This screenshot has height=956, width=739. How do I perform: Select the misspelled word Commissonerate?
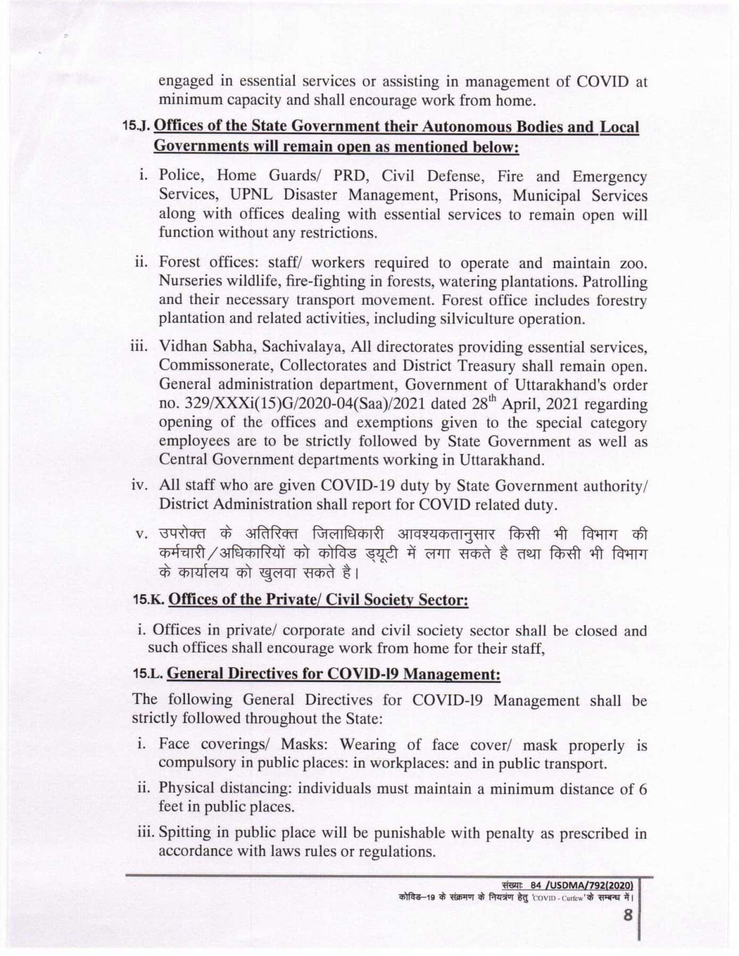click(215, 366)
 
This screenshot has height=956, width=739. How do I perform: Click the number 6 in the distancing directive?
click(643, 789)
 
